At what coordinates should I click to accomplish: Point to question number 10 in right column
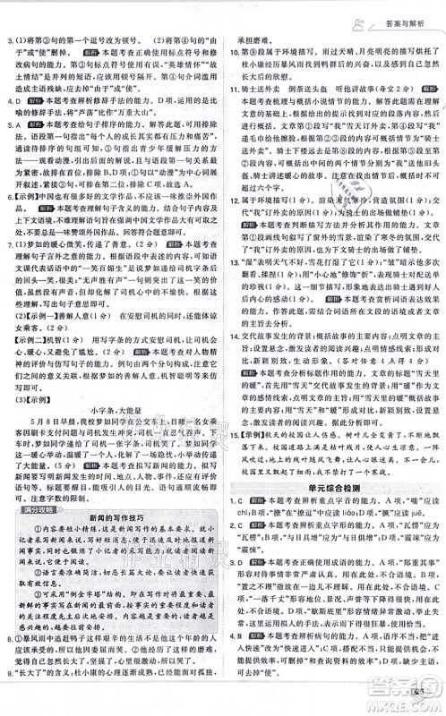232,52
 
